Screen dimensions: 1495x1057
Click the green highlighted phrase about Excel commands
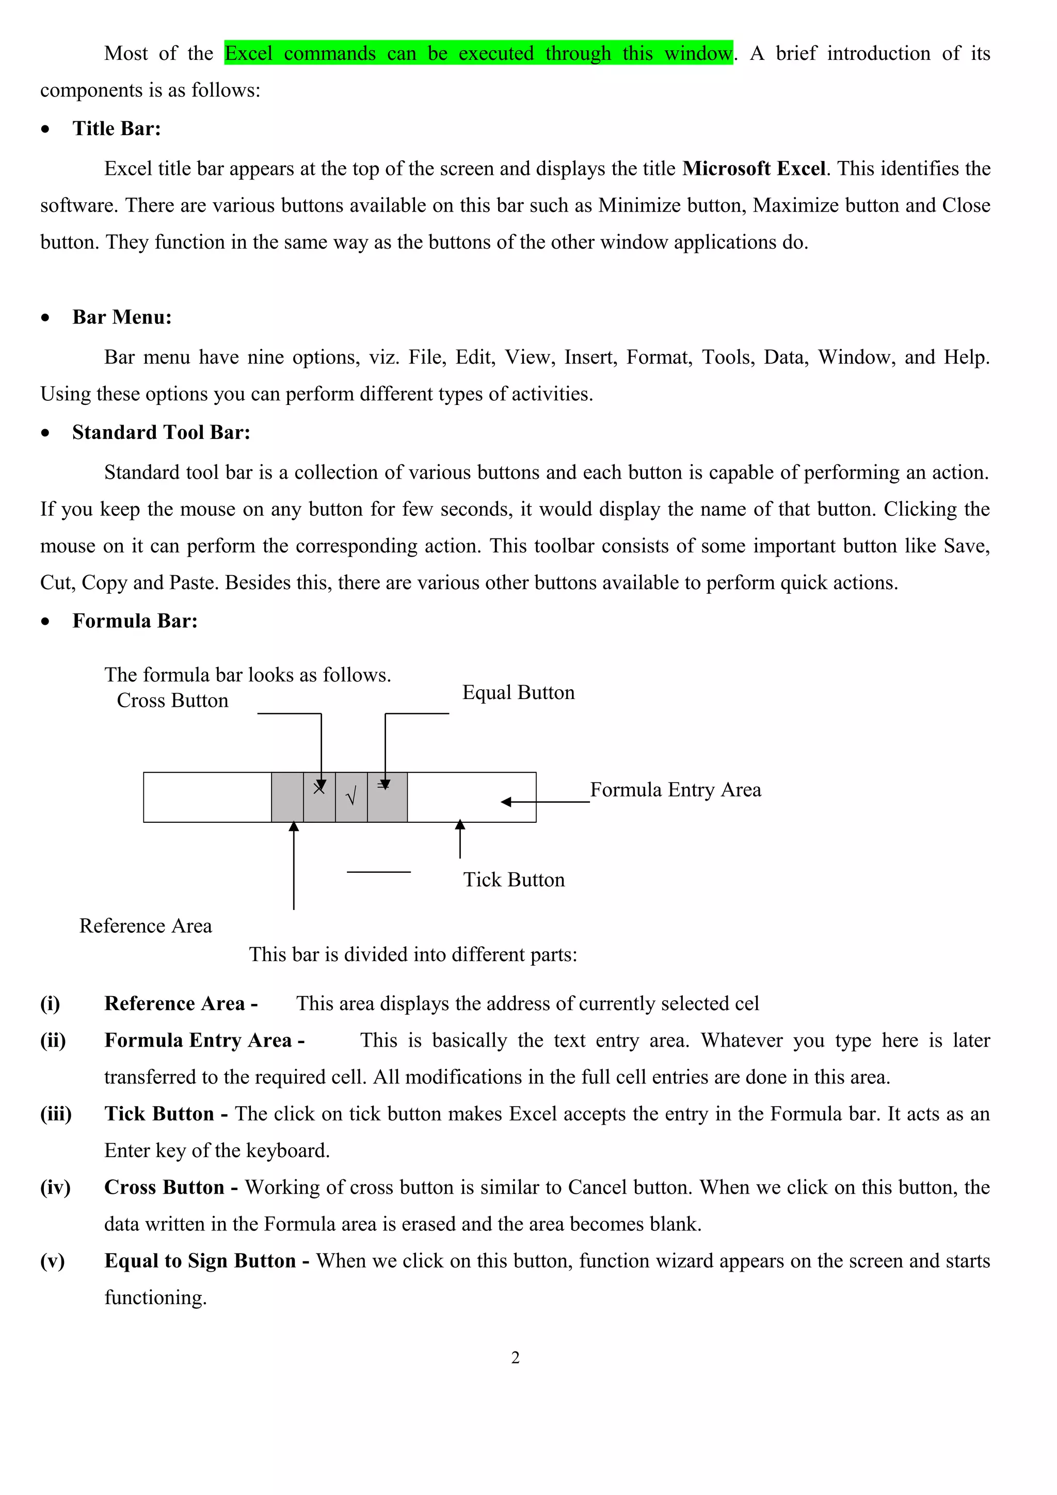[x=478, y=54]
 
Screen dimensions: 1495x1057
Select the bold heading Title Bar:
[x=117, y=128]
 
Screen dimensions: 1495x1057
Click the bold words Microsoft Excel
[x=754, y=169]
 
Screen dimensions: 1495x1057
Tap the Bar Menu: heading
[x=122, y=317]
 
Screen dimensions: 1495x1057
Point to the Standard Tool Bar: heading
[x=161, y=432]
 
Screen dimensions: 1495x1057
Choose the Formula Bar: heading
[x=135, y=621]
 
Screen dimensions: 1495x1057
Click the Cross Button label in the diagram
[x=172, y=701]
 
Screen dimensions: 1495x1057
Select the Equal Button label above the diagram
[x=518, y=692]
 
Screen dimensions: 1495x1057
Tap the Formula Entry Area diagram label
[x=676, y=790]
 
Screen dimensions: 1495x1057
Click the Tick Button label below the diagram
[x=514, y=880]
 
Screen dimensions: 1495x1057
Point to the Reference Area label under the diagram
[x=145, y=926]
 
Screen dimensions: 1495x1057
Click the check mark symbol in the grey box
[x=351, y=797]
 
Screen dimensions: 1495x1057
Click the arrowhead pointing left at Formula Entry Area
[x=506, y=802]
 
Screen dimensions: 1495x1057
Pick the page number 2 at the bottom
[x=515, y=1358]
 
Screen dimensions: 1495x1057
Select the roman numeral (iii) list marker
[x=56, y=1114]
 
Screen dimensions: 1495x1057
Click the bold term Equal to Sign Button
[x=200, y=1261]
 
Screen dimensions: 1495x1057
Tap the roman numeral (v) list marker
[x=52, y=1261]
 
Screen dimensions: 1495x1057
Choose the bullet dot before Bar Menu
[x=45, y=318]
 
